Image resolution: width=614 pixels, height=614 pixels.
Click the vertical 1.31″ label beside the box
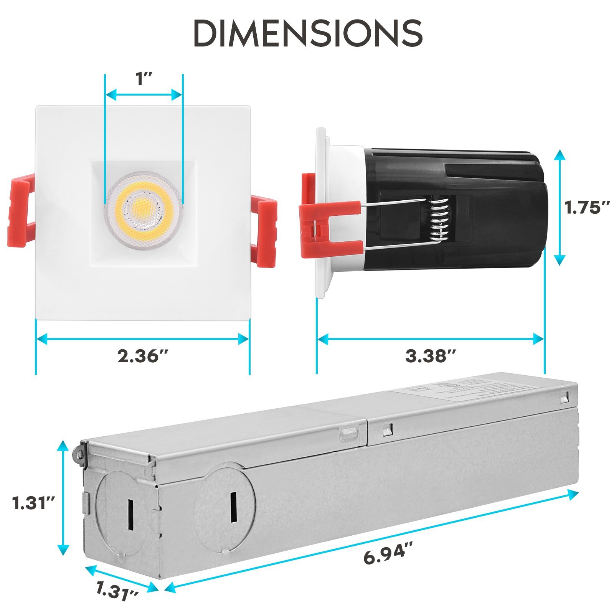click(x=34, y=503)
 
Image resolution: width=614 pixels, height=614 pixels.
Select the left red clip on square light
click(x=21, y=211)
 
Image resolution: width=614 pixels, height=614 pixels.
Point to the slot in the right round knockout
click(x=233, y=507)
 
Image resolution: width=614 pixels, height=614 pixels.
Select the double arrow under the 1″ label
click(x=144, y=94)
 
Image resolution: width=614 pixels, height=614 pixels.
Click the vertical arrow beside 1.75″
click(x=560, y=208)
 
